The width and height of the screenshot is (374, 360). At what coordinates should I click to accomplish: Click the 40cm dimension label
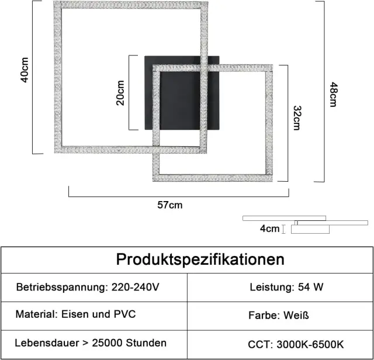point(25,70)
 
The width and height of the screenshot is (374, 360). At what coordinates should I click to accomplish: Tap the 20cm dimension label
point(120,93)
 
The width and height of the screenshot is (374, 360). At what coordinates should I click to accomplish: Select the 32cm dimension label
point(297,118)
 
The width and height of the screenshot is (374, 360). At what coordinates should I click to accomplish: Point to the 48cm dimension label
point(333,95)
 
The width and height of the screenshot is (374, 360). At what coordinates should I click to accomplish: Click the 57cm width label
point(170,205)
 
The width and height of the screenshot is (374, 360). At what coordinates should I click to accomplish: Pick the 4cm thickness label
point(269,229)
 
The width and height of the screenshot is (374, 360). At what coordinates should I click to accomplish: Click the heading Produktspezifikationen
point(200,259)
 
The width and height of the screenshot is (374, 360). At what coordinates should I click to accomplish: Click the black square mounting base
point(182,93)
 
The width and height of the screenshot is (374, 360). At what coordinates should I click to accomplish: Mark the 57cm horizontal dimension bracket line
point(179,196)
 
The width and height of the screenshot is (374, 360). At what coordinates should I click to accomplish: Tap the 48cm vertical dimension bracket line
point(324,92)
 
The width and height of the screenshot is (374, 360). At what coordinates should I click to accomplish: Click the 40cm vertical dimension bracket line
point(33,77)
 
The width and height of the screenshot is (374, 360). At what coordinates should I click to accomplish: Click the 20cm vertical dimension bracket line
point(129,93)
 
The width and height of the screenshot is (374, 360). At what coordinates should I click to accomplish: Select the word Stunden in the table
point(146,343)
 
